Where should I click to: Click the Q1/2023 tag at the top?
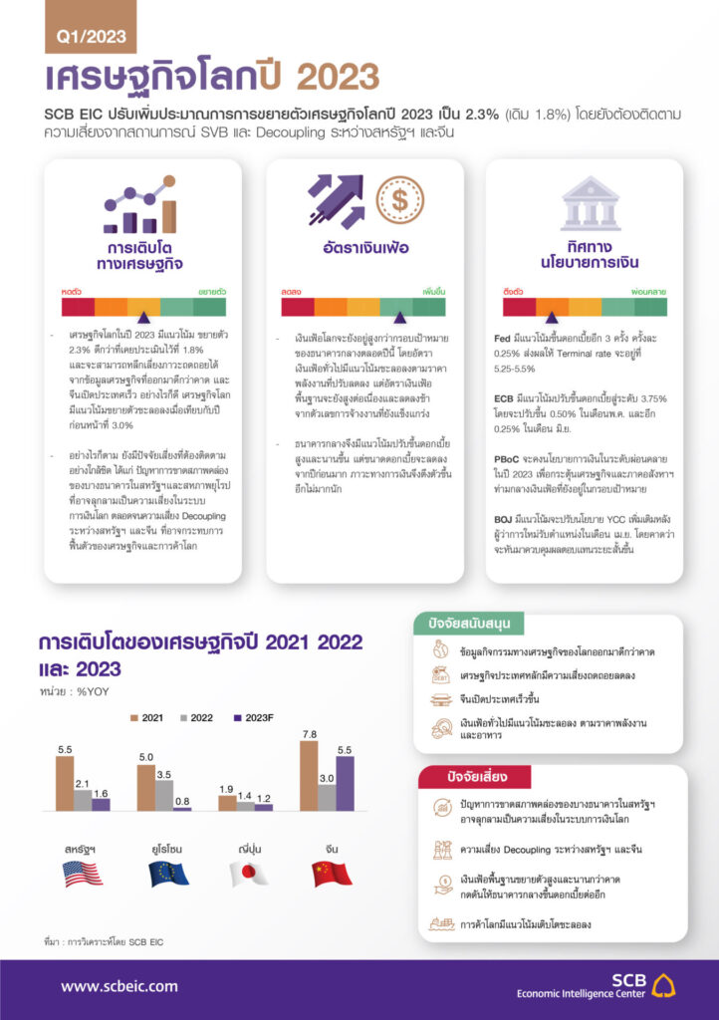[90, 38]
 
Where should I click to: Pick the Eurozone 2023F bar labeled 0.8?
[181, 807]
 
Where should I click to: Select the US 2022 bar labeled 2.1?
[83, 799]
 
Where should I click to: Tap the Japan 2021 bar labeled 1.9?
[227, 801]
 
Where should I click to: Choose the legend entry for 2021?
[147, 717]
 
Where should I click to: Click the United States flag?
[83, 874]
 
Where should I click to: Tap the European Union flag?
[168, 874]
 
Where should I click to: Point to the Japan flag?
[248, 874]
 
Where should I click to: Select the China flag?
[332, 874]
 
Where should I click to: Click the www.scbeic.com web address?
[120, 986]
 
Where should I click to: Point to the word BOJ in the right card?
[505, 518]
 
